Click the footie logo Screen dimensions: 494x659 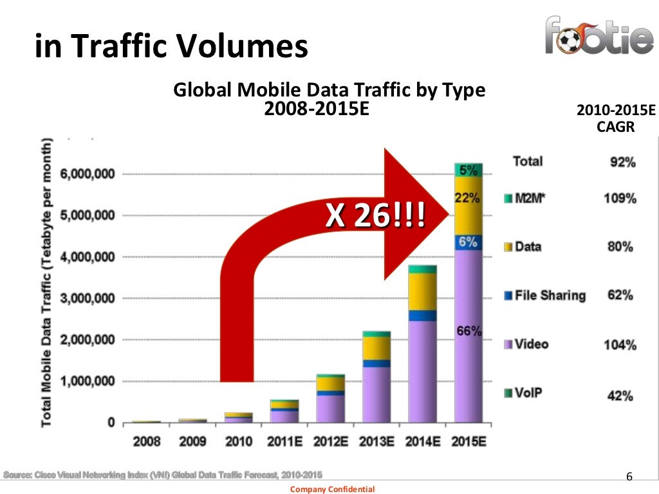[x=599, y=36]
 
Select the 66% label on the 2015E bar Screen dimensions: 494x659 [x=468, y=331]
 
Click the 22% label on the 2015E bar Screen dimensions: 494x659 [x=467, y=199]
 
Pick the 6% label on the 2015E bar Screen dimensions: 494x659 [x=468, y=242]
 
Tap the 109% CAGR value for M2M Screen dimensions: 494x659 [x=620, y=199]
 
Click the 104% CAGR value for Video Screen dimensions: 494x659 [x=620, y=345]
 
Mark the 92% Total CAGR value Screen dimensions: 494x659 [x=622, y=163]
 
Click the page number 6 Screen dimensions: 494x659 [x=629, y=477]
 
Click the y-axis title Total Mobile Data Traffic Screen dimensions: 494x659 [x=47, y=283]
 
